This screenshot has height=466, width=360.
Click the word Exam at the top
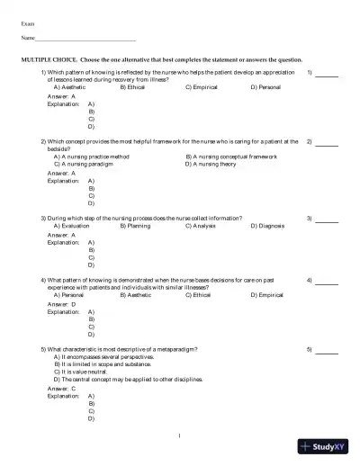28,22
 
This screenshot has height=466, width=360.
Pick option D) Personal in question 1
268,87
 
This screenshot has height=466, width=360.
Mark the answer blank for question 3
327,219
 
